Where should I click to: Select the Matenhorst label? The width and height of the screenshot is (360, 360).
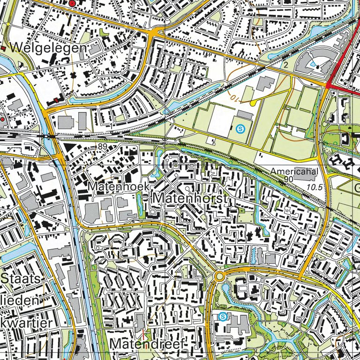190,198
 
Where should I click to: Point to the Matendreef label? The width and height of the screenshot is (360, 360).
148,345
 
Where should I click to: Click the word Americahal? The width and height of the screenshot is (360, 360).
294,172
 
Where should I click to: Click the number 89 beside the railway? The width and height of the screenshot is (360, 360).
103,147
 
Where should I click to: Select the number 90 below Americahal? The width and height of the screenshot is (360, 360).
288,180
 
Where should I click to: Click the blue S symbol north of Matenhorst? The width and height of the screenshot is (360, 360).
240,127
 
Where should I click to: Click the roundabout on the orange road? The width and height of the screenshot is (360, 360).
219,277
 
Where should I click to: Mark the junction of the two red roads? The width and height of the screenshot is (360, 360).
328,85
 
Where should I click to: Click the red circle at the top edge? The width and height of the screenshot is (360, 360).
72,3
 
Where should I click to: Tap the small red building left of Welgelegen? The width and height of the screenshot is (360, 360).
3,48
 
